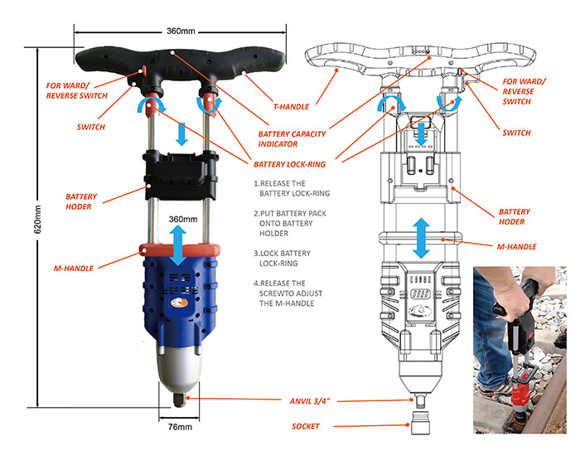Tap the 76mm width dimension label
click(x=173, y=429)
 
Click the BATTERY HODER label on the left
click(x=81, y=202)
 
